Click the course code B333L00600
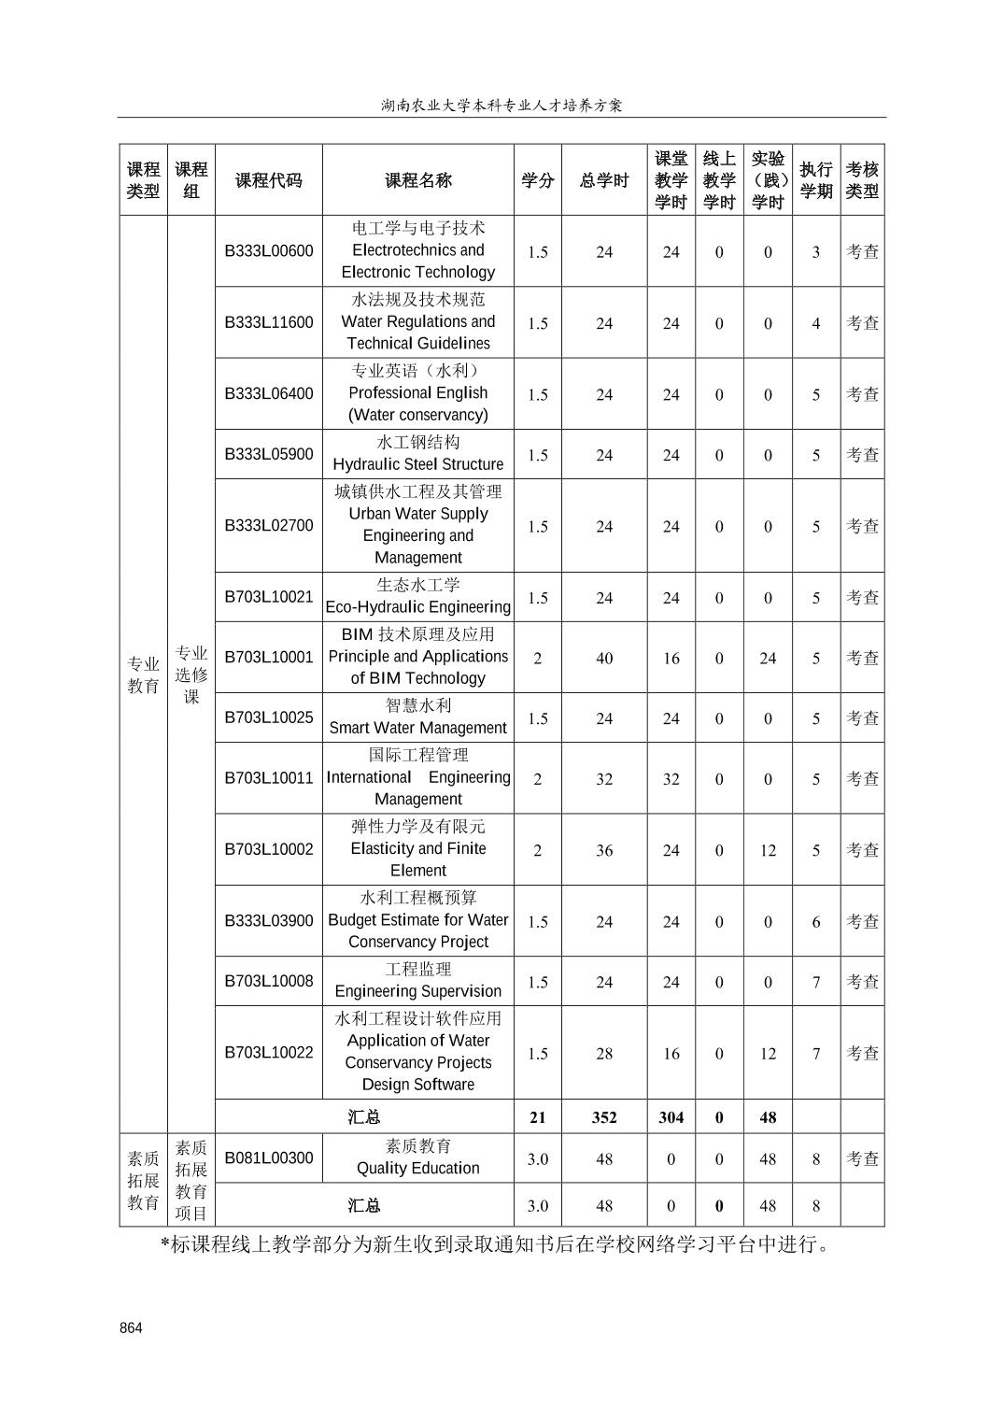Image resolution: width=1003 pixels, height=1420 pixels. pyautogui.click(x=269, y=251)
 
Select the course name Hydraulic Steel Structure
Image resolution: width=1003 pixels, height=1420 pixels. pyautogui.click(x=417, y=464)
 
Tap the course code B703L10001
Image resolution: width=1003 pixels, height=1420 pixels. pyautogui.click(x=269, y=658)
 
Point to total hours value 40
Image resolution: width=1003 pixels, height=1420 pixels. pyautogui.click(x=604, y=659)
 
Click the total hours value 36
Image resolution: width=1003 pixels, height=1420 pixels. pyautogui.click(x=604, y=850)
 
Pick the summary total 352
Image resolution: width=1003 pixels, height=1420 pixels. pyautogui.click(x=604, y=1117)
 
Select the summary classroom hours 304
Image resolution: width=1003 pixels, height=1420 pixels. pyautogui.click(x=671, y=1117)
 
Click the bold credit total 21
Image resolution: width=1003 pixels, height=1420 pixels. pyautogui.click(x=537, y=1117)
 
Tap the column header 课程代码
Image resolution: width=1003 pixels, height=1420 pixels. pyautogui.click(x=269, y=180)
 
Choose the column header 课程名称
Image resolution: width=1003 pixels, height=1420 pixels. pyautogui.click(x=417, y=180)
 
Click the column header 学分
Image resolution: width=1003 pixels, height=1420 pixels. pyautogui.click(x=537, y=180)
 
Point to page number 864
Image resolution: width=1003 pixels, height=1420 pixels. pyautogui.click(x=131, y=1328)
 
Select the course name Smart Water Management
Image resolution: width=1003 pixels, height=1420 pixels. pyautogui.click(x=417, y=728)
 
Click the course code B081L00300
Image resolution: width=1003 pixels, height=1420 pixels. pyautogui.click(x=269, y=1158)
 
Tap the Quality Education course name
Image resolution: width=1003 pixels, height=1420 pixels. pyautogui.click(x=417, y=1168)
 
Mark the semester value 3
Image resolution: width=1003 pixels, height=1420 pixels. pyautogui.click(x=815, y=252)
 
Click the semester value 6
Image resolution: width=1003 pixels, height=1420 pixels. pyautogui.click(x=815, y=922)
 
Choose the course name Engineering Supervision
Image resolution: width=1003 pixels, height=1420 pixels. pyautogui.click(x=417, y=991)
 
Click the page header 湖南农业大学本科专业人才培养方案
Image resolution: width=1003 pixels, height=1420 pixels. pyautogui.click(x=501, y=106)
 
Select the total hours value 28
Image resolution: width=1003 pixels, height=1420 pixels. pyautogui.click(x=604, y=1054)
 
